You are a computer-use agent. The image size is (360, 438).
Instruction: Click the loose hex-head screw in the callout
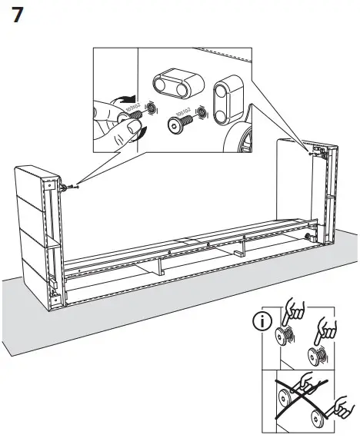click(176, 125)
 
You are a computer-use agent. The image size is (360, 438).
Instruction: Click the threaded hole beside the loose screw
click(201, 112)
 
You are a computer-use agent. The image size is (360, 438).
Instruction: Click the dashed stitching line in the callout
click(215, 56)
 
